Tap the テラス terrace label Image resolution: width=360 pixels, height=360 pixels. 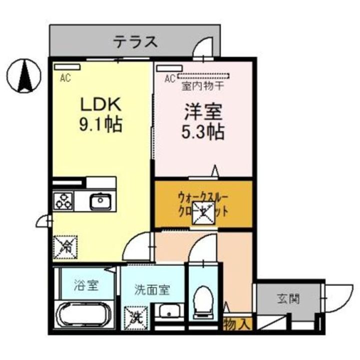point(135,41)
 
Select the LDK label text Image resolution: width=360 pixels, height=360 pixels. point(101,104)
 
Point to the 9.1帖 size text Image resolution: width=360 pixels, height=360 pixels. point(101,125)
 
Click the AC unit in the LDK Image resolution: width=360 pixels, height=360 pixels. point(67,67)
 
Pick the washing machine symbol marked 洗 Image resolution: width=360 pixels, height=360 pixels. point(134,315)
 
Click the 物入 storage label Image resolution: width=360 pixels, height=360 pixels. point(236,324)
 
